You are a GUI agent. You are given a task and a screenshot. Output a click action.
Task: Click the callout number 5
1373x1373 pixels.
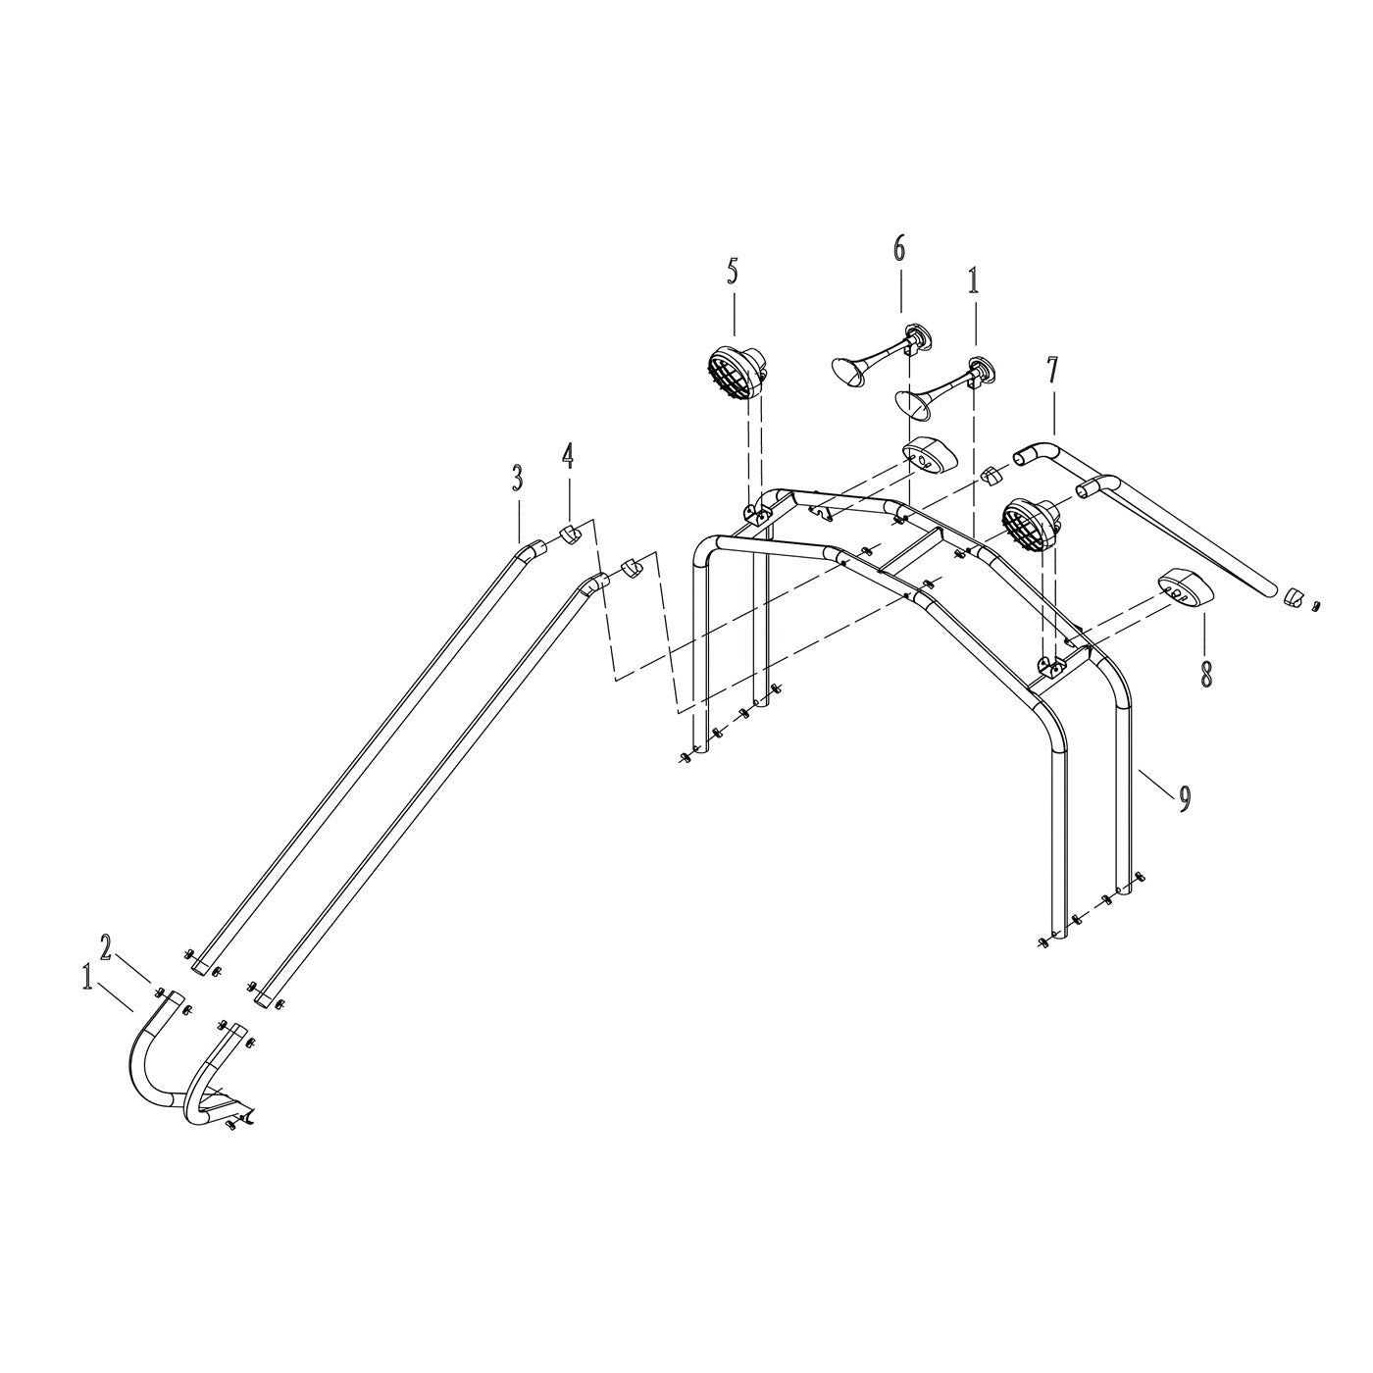733,272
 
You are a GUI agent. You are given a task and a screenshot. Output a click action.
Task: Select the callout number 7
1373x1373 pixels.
1052,370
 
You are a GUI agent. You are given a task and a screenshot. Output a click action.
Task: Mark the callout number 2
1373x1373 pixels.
107,947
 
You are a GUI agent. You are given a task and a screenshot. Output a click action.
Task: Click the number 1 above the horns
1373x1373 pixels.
973,281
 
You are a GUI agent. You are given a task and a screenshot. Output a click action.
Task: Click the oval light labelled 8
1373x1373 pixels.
1183,588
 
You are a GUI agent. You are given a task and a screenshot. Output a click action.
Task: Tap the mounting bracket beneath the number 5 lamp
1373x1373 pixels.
755,511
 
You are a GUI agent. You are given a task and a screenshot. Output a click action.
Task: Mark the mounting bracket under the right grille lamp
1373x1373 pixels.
1050,667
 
